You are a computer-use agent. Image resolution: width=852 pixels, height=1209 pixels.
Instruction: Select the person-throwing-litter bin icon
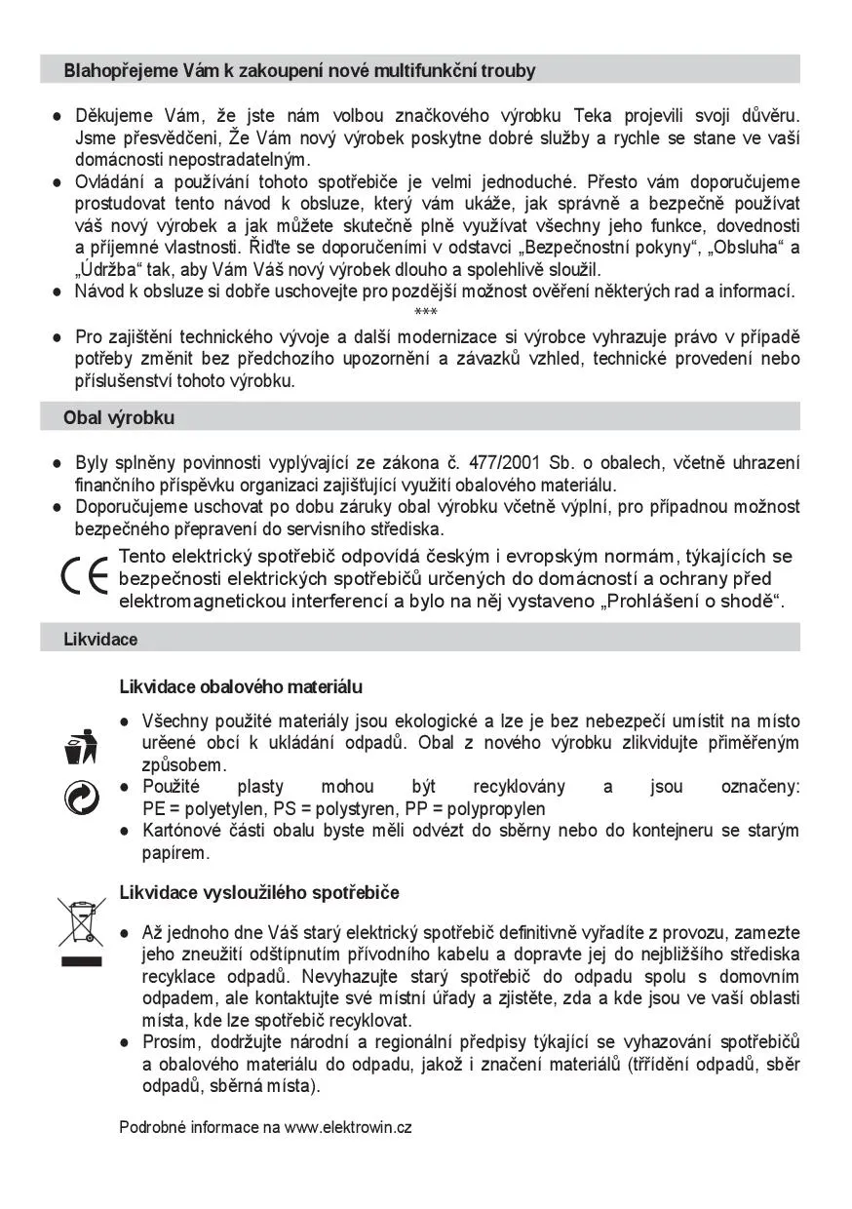(78, 747)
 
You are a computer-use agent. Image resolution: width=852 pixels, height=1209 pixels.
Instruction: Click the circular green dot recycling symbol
(77, 798)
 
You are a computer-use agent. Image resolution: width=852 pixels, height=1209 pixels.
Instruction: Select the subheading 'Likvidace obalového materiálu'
(241, 686)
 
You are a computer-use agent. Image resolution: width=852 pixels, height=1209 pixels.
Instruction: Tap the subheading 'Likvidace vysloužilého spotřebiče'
(258, 892)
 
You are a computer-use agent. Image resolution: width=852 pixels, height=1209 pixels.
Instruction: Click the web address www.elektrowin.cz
(348, 1127)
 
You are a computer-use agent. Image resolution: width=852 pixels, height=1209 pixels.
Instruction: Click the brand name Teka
(593, 116)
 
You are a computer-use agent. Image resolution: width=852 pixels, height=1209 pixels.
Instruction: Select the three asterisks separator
(426, 313)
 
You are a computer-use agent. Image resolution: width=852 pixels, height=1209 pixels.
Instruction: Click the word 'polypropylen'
(497, 808)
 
